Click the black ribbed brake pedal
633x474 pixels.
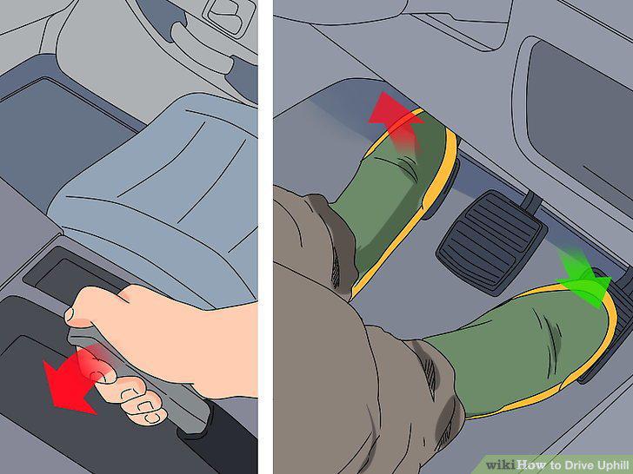(x=491, y=240)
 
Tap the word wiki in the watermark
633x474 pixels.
(x=501, y=464)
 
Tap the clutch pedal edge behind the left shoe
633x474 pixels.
(x=446, y=186)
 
